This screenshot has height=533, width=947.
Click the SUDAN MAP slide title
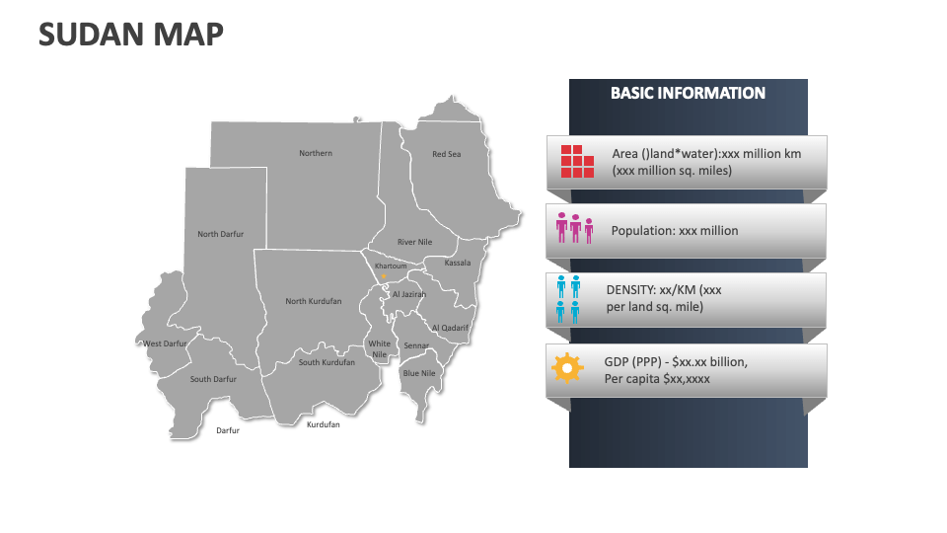(x=131, y=35)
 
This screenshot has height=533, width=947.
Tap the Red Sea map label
(x=446, y=154)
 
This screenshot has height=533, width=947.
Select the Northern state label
(x=316, y=153)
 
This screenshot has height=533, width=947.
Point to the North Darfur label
(x=220, y=234)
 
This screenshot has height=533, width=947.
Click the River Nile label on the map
(x=414, y=242)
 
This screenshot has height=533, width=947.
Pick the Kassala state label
(x=458, y=264)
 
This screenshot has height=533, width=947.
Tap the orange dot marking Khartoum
(x=385, y=275)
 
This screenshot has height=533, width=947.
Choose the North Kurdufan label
(x=314, y=301)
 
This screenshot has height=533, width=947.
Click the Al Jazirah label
(x=409, y=294)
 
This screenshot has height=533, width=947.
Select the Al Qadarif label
(x=450, y=328)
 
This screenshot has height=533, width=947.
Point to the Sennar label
(x=416, y=346)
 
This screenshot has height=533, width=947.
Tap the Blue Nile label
(x=419, y=373)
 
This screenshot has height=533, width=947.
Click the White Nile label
(x=380, y=349)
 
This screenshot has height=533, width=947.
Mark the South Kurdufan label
(x=327, y=362)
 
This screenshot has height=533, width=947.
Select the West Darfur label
(x=165, y=343)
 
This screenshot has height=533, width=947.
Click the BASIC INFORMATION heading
(x=688, y=94)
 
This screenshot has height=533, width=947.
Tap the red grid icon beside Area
(x=577, y=162)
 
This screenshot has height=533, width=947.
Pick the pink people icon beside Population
(x=575, y=228)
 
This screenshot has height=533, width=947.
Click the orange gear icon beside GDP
(x=567, y=368)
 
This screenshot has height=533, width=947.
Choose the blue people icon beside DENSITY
(x=568, y=299)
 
